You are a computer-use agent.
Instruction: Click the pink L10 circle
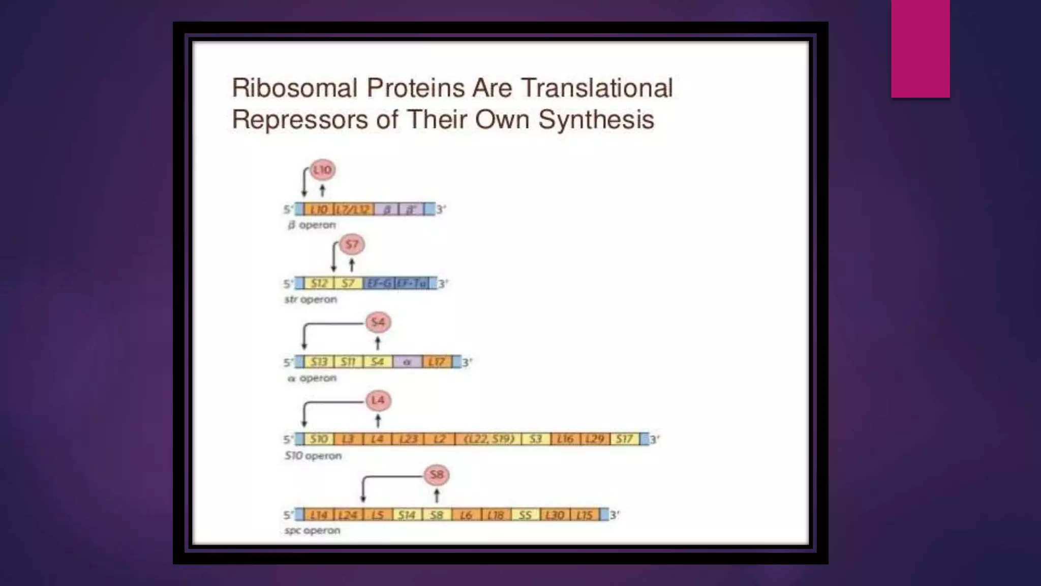tap(323, 170)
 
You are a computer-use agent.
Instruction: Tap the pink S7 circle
tap(352, 245)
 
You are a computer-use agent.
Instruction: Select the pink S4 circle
tap(378, 323)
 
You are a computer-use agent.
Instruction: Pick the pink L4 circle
tap(378, 400)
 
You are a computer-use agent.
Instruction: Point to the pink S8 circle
tap(437, 475)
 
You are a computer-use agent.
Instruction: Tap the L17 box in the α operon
tap(437, 362)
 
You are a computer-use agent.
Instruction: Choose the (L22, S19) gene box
tap(488, 439)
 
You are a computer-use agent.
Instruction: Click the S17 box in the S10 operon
tap(625, 439)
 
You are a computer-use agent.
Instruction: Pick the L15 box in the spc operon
tap(585, 515)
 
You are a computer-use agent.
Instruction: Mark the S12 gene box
tap(319, 283)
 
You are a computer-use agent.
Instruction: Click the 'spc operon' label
tap(312, 531)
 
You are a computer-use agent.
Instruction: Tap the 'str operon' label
tap(311, 300)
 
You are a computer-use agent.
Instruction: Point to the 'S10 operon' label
tap(313, 456)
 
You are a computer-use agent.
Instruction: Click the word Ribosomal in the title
tap(295, 88)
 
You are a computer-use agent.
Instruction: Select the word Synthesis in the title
tap(596, 120)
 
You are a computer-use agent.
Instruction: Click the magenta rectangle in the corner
tap(920, 49)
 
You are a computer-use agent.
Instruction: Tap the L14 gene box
tap(319, 515)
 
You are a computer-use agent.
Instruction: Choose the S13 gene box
tap(319, 362)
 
